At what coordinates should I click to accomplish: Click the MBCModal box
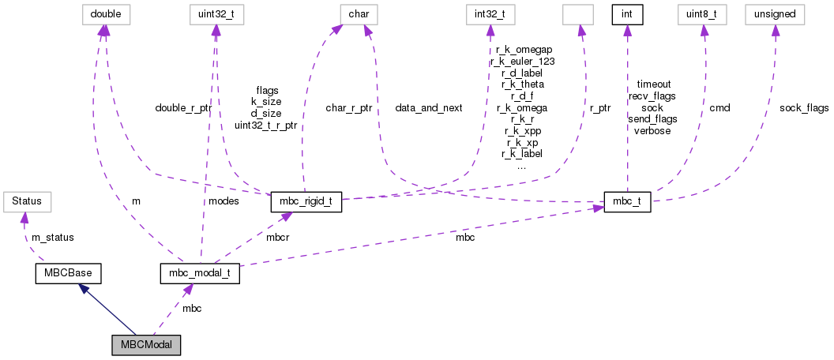146,345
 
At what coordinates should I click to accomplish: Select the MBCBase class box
69,274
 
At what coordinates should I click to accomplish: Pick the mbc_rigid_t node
306,201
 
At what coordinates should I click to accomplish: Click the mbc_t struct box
627,201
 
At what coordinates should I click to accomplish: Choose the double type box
106,13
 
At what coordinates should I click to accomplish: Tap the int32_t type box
490,13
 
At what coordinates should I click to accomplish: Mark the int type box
627,13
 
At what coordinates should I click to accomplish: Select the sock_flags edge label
804,107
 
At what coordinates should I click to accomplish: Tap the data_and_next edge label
429,107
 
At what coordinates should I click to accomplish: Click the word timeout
653,83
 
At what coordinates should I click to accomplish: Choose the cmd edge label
719,107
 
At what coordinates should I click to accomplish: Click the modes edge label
224,201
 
